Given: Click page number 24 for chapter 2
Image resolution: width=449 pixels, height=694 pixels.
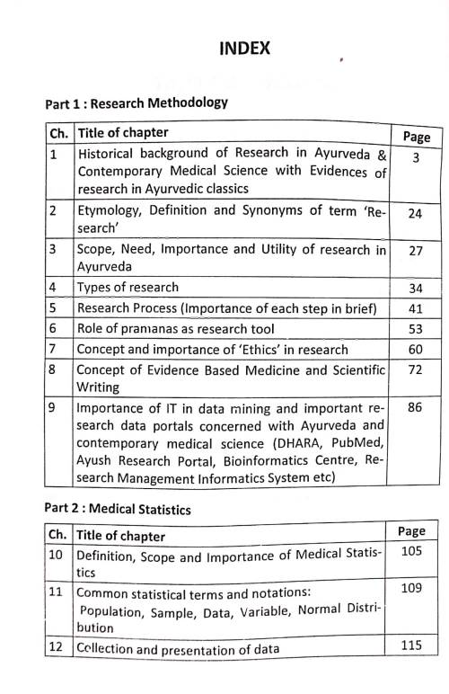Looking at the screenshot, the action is coord(416,214).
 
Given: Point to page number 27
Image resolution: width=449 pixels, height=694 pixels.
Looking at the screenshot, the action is coord(416,252).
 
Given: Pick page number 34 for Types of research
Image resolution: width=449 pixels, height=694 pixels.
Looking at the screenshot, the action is coord(416,289).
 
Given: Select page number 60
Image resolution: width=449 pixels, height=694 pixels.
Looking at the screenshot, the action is coord(416,349).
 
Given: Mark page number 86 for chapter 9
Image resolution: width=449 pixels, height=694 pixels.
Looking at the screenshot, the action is coord(416,408).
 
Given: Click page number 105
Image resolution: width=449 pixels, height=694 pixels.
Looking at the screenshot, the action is coord(409,550).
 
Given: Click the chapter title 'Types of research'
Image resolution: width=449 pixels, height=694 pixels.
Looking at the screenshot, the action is coord(128,288).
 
